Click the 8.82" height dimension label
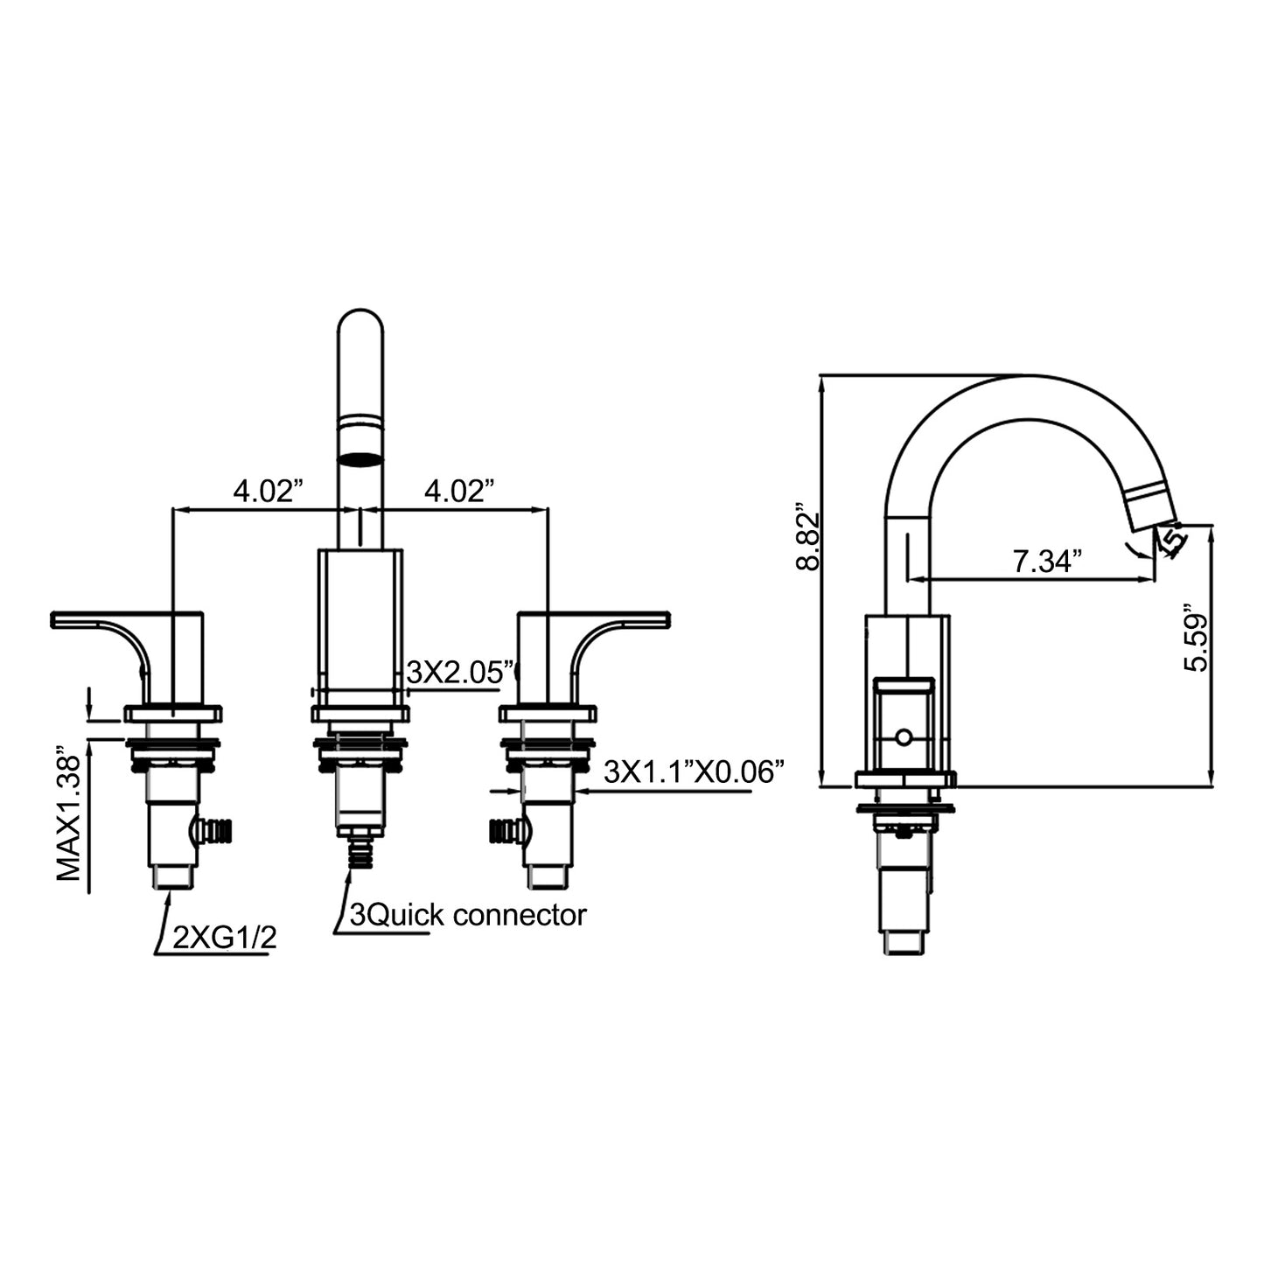pos(808,536)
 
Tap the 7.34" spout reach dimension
pos(1047,561)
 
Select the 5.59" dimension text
pos(1196,640)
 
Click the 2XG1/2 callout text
pos(224,938)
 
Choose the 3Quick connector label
pos(468,914)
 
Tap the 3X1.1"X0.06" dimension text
pos(694,772)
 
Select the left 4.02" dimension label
pos(269,491)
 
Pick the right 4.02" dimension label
pos(458,491)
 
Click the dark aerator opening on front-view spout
pos(360,459)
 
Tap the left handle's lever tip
pos(53,618)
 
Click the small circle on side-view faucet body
pos(904,738)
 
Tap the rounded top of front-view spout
pos(360,321)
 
